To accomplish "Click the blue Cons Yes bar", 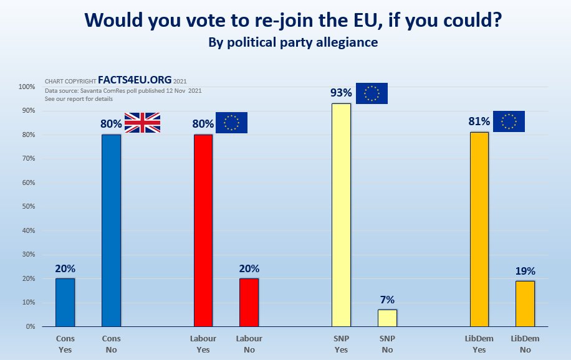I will point(65,302).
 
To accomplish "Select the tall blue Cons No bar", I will point(111,230).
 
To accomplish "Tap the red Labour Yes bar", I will point(203,230).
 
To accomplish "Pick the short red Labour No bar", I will point(249,302).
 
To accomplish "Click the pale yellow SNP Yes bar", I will point(341,215).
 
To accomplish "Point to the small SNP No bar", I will point(387,318).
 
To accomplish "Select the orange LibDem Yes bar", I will point(479,229).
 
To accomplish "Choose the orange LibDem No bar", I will point(525,303).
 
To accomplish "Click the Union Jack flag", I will point(143,123).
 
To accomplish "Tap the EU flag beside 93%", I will point(372,93).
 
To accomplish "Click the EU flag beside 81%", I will point(509,121).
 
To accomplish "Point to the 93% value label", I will point(341,93).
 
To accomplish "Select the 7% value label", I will point(387,300).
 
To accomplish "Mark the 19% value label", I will point(525,271).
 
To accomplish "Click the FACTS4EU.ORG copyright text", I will point(135,81).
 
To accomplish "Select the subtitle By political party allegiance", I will point(293,43).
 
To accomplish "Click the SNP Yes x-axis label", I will point(341,344).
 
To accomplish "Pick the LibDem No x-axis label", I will point(525,344).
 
